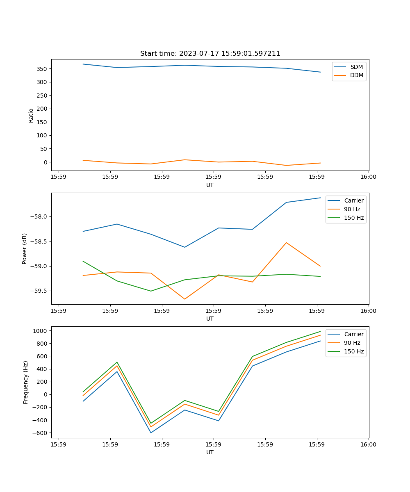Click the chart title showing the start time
tap(210, 54)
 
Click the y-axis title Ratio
tap(31, 115)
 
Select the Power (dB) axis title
tap(25, 248)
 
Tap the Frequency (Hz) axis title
tap(26, 382)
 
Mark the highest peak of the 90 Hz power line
tap(286, 243)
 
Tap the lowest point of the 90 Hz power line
tap(184, 299)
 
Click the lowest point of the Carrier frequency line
tap(151, 433)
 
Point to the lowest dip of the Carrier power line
tap(184, 247)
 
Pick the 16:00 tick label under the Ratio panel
tap(368, 177)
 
